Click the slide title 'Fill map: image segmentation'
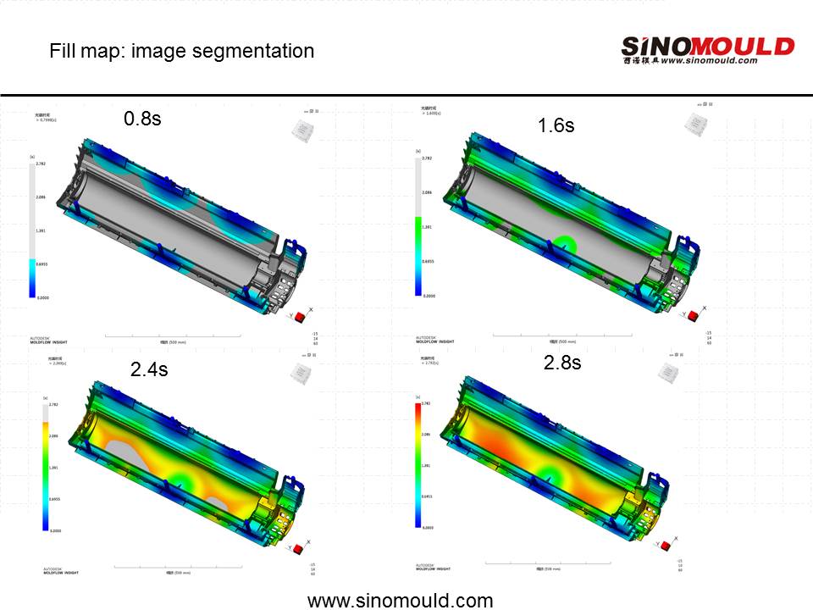181,51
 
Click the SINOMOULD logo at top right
707,50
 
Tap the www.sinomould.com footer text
400,601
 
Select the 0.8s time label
142,119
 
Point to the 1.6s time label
556,125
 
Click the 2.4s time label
148,369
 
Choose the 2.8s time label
562,363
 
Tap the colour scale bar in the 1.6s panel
418,226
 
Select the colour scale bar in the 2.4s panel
45,467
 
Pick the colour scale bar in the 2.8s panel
418,464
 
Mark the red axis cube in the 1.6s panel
692,316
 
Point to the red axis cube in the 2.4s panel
297,549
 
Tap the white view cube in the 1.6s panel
697,124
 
